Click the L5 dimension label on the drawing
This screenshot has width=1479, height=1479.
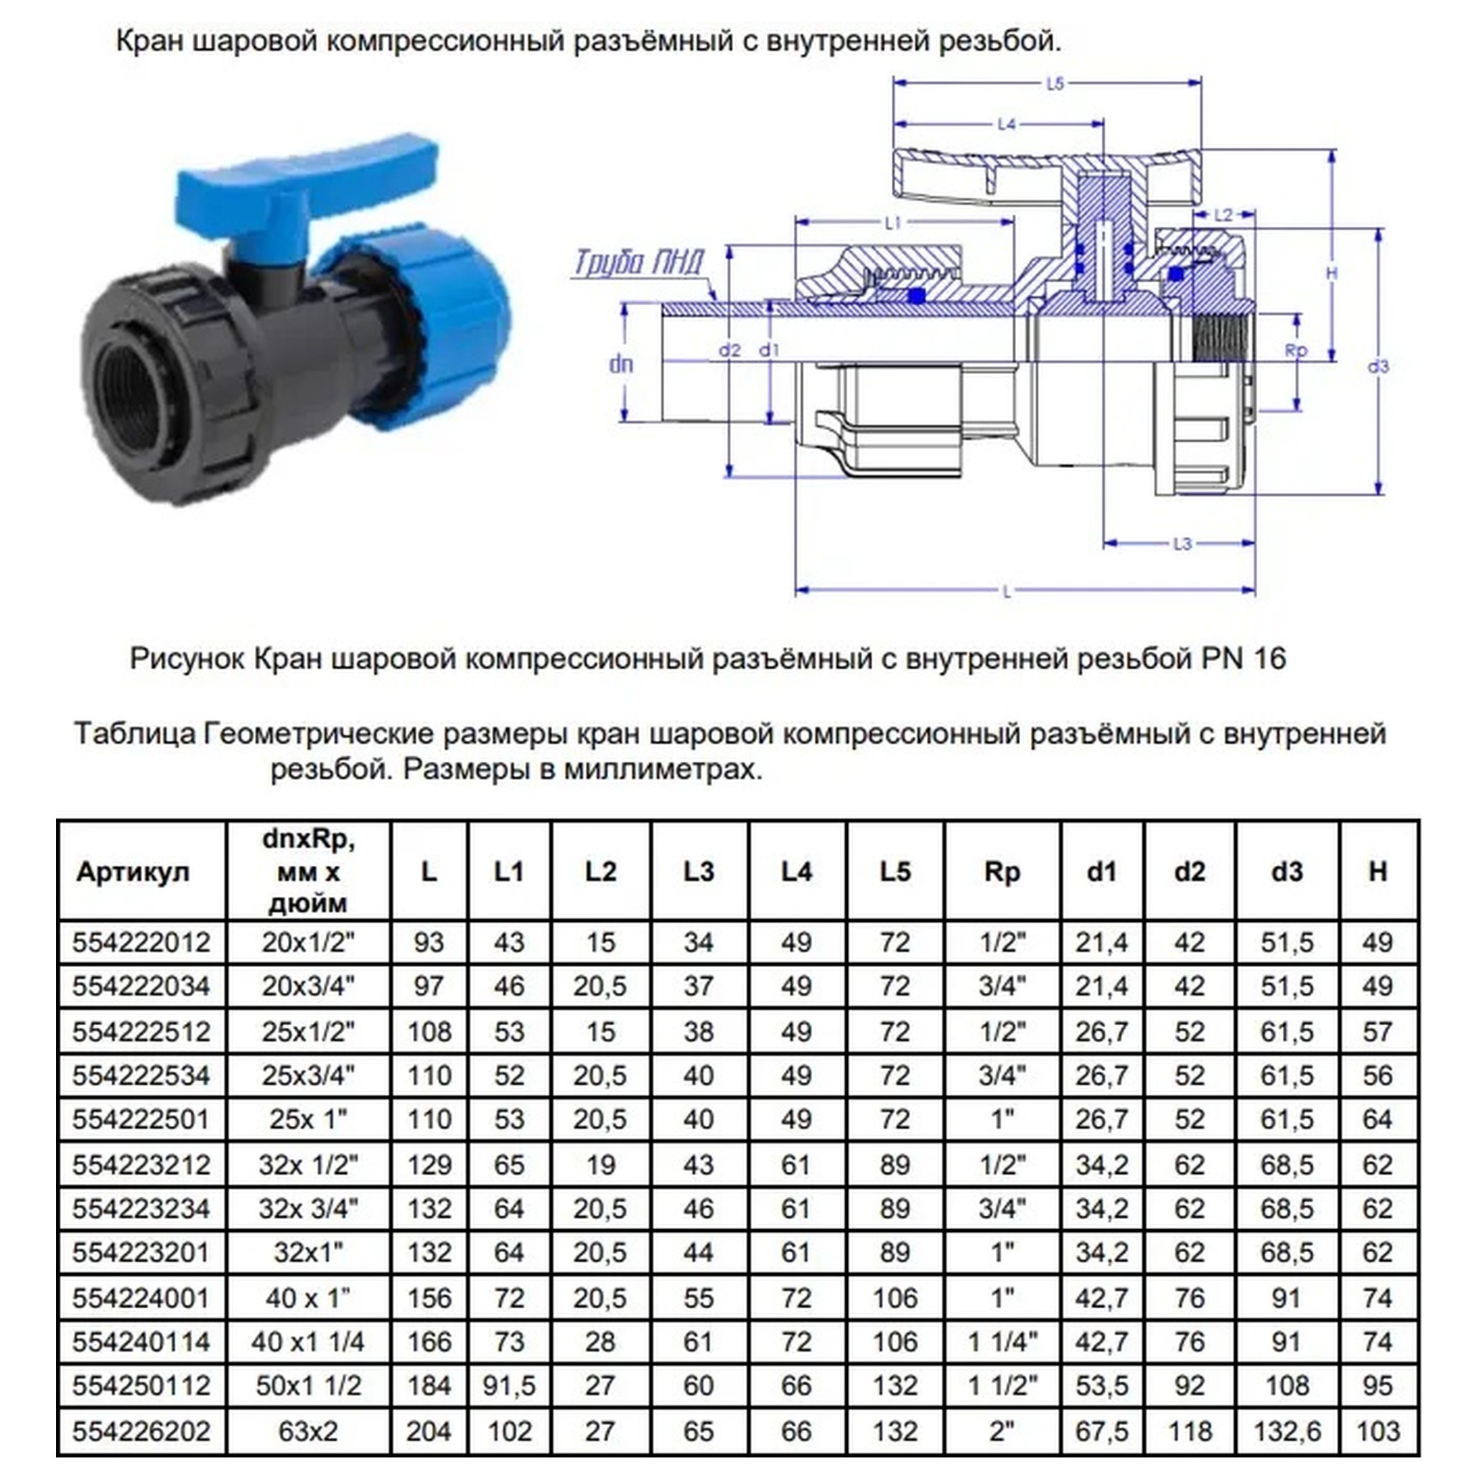1054,83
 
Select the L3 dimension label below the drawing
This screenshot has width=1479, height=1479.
1182,543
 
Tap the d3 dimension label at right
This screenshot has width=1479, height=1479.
1378,367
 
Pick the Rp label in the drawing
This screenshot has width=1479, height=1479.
1295,350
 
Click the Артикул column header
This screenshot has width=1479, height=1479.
132,871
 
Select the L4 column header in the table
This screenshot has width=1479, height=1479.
796,871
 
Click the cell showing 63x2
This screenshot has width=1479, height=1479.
308,1431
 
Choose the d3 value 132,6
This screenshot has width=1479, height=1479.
1287,1431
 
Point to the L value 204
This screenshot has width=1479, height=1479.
429,1431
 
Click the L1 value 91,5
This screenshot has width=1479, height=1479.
509,1386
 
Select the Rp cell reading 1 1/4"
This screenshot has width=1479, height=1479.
1002,1341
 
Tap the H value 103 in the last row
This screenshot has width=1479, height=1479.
1377,1431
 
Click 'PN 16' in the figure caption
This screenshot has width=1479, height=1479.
1244,658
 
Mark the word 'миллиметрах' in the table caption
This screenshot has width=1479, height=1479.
663,769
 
